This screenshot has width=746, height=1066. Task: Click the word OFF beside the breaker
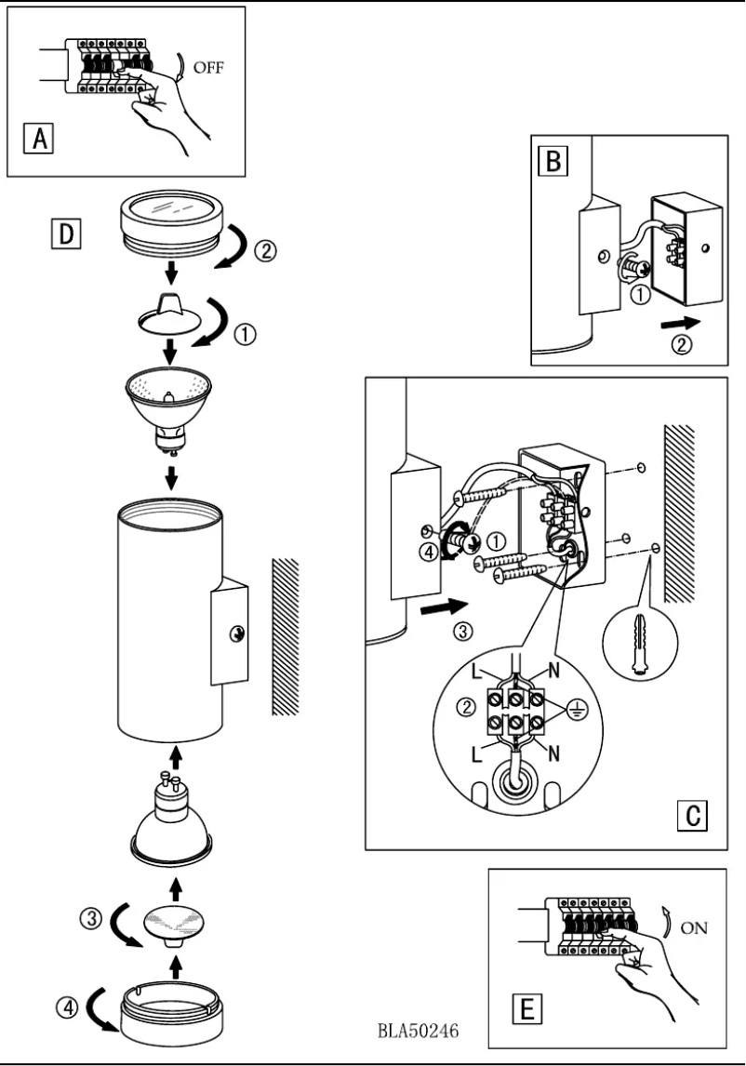208,68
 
